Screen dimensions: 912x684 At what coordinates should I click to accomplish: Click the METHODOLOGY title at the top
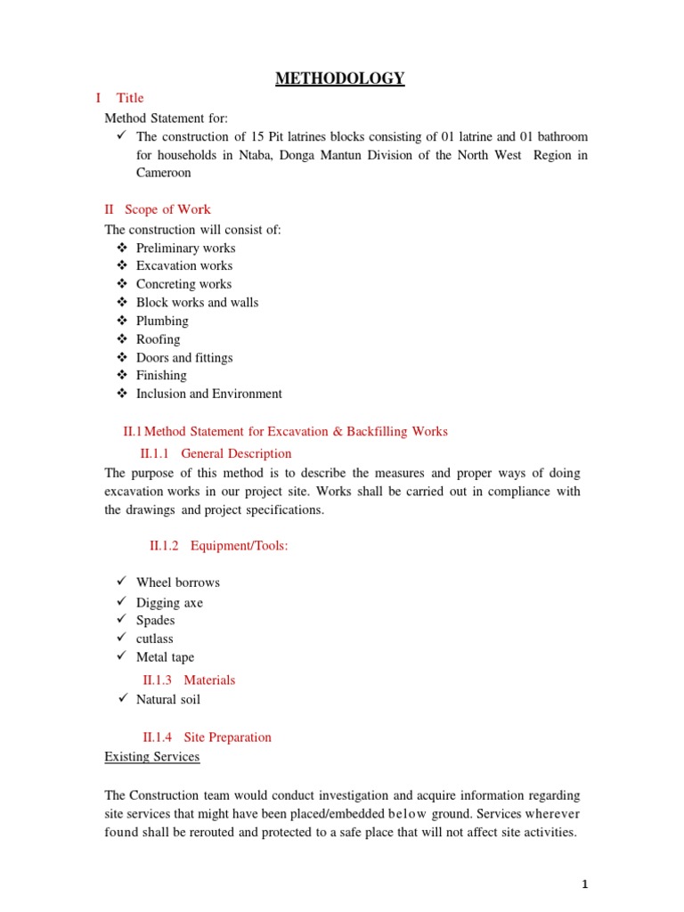click(339, 79)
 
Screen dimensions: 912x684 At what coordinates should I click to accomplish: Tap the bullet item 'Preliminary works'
click(185, 248)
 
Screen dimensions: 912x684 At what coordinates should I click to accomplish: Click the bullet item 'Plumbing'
click(162, 321)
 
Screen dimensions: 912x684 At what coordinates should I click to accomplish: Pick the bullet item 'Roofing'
click(158, 339)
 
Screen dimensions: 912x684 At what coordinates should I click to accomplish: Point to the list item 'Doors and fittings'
click(184, 357)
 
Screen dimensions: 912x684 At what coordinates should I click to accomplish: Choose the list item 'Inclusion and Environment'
click(208, 394)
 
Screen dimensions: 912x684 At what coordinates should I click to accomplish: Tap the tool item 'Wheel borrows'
click(177, 582)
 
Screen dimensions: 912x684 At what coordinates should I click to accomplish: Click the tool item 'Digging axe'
click(169, 603)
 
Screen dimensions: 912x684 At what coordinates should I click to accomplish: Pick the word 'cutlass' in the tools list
click(154, 639)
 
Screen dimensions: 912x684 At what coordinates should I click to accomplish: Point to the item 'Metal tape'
click(165, 657)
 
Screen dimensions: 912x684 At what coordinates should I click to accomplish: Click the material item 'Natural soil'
click(167, 699)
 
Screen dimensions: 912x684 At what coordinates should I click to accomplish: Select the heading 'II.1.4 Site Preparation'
click(207, 737)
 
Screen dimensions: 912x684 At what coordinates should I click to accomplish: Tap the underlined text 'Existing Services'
click(152, 757)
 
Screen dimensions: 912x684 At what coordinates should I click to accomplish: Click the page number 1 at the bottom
click(585, 884)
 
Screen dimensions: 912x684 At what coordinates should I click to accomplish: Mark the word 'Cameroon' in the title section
click(163, 173)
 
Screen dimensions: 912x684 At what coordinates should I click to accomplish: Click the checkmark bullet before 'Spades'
click(122, 620)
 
